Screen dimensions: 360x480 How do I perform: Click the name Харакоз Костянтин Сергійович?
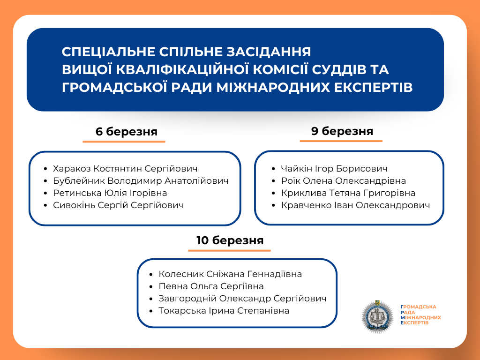pyautogui.click(x=125, y=169)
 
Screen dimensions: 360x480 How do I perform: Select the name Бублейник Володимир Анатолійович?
pyautogui.click(x=141, y=181)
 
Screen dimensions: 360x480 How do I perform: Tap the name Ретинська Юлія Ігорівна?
pyautogui.click(x=110, y=193)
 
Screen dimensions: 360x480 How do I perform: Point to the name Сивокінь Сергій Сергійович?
pyautogui.click(x=118, y=205)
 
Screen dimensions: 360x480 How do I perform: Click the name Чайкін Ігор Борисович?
pyautogui.click(x=334, y=169)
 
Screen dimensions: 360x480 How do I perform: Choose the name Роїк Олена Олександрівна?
pyautogui.click(x=343, y=181)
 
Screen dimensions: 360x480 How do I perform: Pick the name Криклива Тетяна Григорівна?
pyautogui.click(x=348, y=193)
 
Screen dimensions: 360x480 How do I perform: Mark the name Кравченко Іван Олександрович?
pyautogui.click(x=355, y=205)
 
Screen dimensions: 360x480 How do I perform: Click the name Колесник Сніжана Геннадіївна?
pyautogui.click(x=230, y=274)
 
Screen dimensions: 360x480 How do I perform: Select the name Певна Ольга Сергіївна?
pyautogui.click(x=211, y=286)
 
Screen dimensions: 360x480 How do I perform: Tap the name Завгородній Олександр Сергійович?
pyautogui.click(x=242, y=299)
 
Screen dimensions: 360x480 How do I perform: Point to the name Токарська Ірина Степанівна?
pyautogui.click(x=224, y=311)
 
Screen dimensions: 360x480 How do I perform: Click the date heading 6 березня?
pyautogui.click(x=126, y=132)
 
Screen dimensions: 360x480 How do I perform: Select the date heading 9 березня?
pyautogui.click(x=342, y=131)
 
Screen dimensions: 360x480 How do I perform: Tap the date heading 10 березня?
pyautogui.click(x=230, y=241)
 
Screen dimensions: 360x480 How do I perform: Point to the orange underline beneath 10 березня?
pyautogui.click(x=229, y=250)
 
